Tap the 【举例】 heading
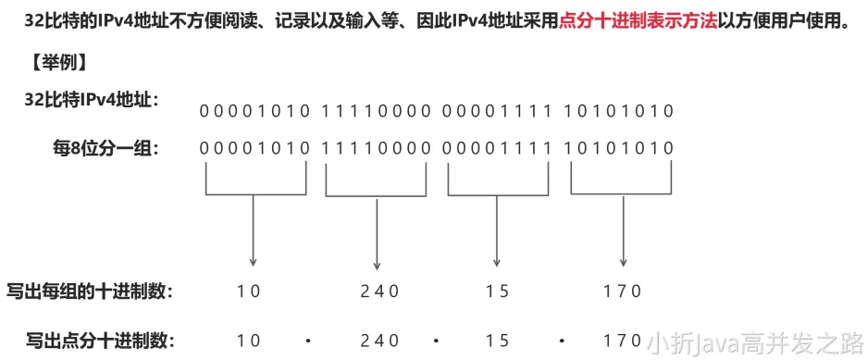pos(57,63)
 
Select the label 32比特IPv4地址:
pos(92,99)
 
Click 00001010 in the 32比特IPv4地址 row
pos(254,112)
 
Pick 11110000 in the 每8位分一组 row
pos(377,147)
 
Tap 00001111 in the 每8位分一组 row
pos(497,147)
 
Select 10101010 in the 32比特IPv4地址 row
pos(619,112)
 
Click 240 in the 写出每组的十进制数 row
pos(379,292)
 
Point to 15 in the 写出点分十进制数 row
pos(497,340)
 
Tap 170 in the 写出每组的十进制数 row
pos(622,292)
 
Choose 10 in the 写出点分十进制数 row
pos(248,340)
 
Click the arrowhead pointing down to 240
pos(377,267)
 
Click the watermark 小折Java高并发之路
pos(753,342)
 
